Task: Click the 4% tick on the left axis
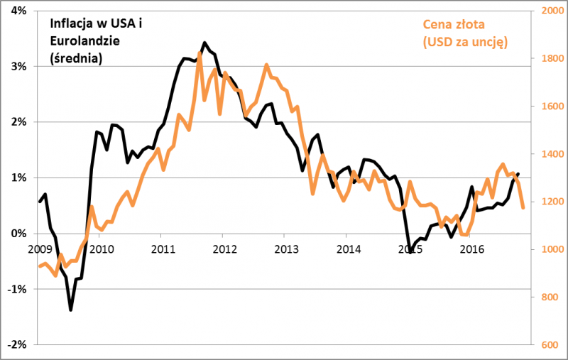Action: point(17,11)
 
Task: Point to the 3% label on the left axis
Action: point(17,66)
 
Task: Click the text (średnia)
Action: point(76,58)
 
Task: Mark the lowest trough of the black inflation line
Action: point(70,310)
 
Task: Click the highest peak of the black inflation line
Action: point(204,43)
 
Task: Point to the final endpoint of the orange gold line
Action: point(523,207)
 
